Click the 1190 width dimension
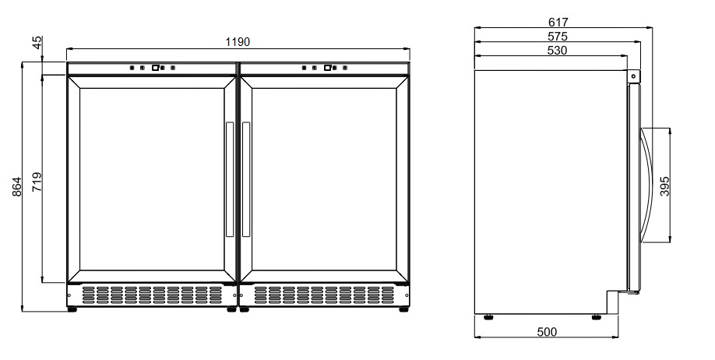tap(238, 42)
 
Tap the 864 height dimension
tap(16, 186)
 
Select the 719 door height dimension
tap(37, 182)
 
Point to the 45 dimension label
tap(37, 42)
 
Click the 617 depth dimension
tap(558, 22)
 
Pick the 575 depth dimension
tap(557, 36)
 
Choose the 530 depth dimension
tap(557, 50)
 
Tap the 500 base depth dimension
tap(547, 332)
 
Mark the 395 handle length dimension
tap(664, 186)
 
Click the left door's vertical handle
tap(229, 179)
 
